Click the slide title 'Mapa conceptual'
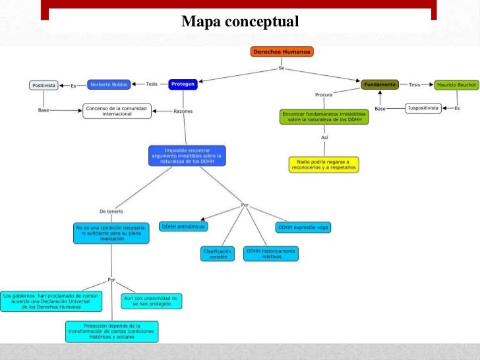(x=240, y=22)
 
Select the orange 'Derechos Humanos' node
(x=282, y=51)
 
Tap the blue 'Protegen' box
(x=183, y=84)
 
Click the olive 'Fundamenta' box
(x=379, y=84)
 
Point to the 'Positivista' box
(x=44, y=85)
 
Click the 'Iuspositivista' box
(x=423, y=108)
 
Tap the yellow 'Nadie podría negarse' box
(x=324, y=164)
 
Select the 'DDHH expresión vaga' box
(x=303, y=227)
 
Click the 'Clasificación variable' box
(x=218, y=253)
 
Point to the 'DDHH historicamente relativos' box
(x=271, y=253)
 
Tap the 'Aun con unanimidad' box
(x=151, y=301)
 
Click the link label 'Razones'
(x=183, y=111)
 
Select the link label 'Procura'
(x=324, y=95)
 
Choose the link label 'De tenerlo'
(x=111, y=211)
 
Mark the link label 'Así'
(x=324, y=138)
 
